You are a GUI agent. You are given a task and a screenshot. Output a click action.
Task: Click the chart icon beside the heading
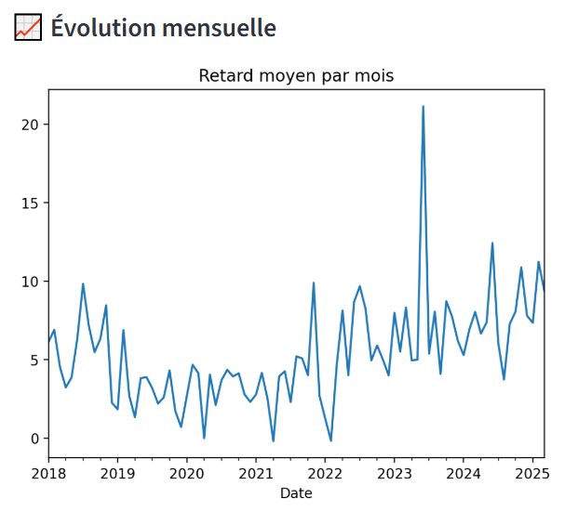(28, 28)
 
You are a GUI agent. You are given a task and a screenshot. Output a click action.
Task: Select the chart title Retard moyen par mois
(296, 75)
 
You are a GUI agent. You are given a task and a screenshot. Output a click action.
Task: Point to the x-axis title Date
(296, 493)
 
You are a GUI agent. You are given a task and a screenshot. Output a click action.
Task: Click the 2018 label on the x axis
(48, 474)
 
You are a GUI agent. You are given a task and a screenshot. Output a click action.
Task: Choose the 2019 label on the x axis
(117, 474)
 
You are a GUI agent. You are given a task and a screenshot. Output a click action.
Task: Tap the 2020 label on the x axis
(186, 474)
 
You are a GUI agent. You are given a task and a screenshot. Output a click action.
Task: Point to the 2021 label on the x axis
(256, 474)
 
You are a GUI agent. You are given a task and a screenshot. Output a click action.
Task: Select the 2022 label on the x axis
(325, 474)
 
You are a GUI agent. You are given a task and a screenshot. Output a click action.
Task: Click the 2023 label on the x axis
(394, 474)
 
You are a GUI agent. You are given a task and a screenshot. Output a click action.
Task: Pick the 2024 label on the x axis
(464, 474)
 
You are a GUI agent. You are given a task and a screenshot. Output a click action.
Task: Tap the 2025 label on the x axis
(532, 474)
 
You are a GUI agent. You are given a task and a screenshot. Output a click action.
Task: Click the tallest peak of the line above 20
(423, 107)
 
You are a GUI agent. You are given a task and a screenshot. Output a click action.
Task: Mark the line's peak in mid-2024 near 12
(492, 243)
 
